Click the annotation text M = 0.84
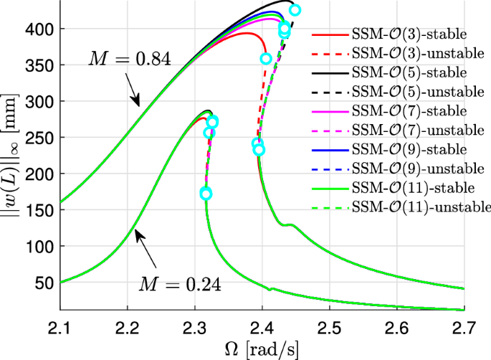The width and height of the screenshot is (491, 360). pyautogui.click(x=129, y=59)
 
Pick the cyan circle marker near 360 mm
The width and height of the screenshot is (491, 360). pyautogui.click(x=266, y=59)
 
